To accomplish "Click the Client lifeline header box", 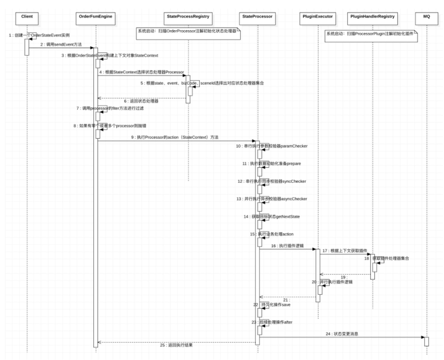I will pos(27,17).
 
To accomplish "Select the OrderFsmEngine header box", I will pos(95,17).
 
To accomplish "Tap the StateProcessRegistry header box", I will pos(188,17).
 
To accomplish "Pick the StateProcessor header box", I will pos(258,17).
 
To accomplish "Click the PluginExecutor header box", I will pos(318,17).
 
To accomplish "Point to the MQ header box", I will pos(426,17).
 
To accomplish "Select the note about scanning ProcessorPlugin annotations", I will pos(372,34).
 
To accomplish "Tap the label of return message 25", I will pos(177,345).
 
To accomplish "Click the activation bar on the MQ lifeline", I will pos(426,341).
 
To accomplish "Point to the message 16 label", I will pos(287,246).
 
